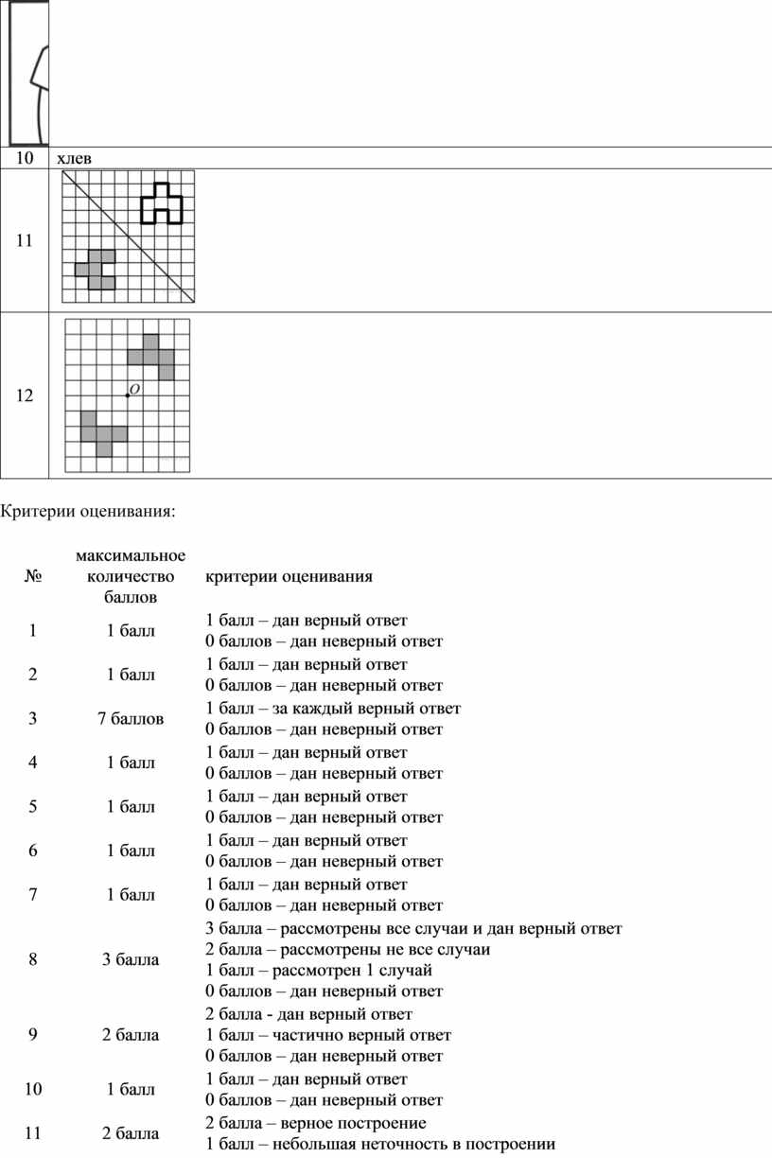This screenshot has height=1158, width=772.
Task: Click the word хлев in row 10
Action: [x=74, y=158]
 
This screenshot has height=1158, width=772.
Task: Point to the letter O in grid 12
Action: [x=135, y=389]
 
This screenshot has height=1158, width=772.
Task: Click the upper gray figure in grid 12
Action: [x=154, y=355]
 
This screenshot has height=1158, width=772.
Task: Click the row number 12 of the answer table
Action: [x=24, y=395]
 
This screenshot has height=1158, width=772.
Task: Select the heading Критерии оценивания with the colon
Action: [x=88, y=512]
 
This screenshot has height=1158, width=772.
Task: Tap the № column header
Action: [x=33, y=576]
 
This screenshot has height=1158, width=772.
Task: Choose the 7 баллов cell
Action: [x=131, y=719]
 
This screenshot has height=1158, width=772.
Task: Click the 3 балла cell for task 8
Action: [x=131, y=959]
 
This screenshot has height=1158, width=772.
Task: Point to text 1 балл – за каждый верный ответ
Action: [x=333, y=709]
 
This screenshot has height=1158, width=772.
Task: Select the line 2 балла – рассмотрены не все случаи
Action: [x=347, y=949]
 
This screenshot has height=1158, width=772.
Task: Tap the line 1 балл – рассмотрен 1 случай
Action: [x=318, y=971]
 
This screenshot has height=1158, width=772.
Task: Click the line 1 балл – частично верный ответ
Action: [x=327, y=1035]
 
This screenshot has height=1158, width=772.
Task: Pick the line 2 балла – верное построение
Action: [x=315, y=1123]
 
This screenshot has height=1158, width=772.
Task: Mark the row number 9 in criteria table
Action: [x=33, y=1035]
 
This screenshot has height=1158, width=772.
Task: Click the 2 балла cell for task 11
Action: [x=131, y=1133]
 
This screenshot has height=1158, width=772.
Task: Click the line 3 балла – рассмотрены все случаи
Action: [x=413, y=927]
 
